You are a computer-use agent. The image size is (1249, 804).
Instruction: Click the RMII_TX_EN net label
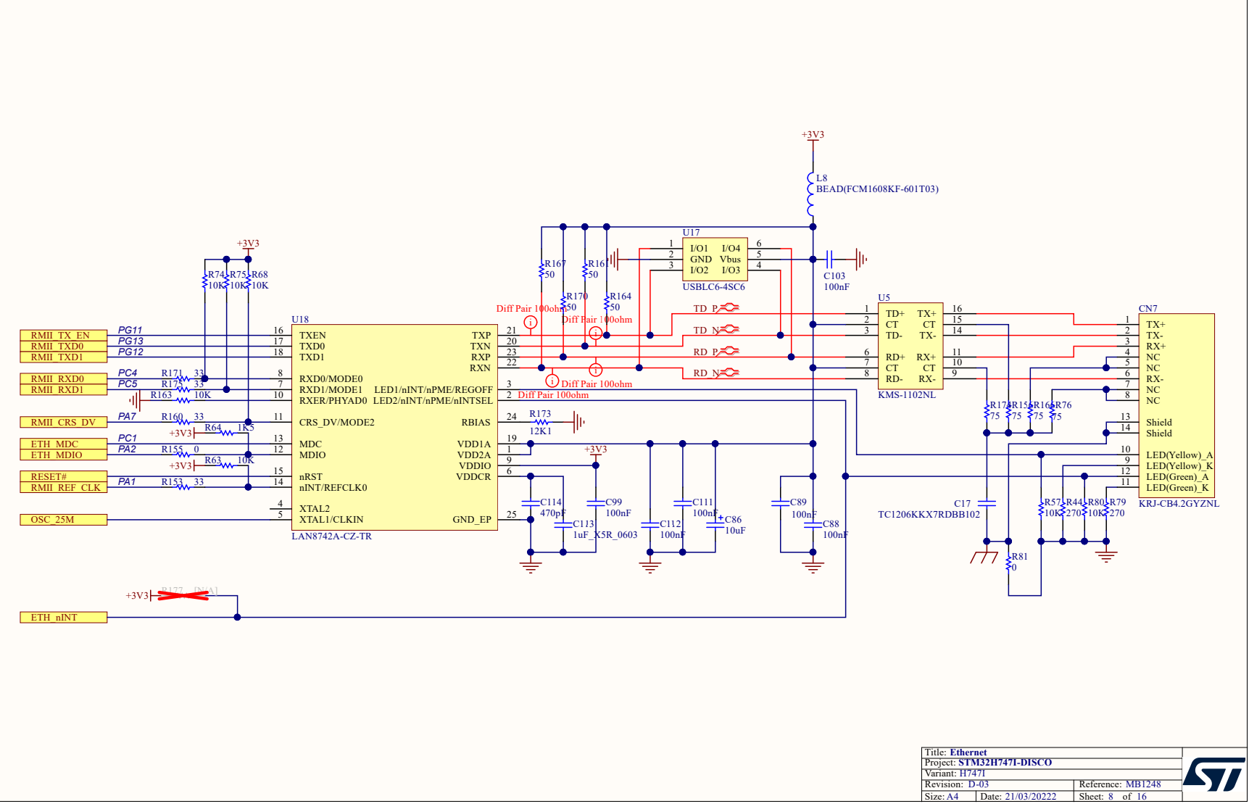(62, 336)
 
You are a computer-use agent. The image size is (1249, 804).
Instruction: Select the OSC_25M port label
(62, 520)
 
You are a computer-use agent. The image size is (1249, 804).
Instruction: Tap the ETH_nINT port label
(62, 618)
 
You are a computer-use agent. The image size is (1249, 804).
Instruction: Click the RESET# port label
(62, 477)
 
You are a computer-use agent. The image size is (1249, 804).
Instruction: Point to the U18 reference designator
(300, 320)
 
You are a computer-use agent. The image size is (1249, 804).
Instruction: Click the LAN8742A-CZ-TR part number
(331, 536)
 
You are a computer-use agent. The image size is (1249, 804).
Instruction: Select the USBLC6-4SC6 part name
(713, 287)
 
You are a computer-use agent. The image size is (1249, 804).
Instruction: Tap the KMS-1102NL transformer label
(906, 395)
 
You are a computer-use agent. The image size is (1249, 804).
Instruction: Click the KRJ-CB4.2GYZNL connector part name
(1179, 504)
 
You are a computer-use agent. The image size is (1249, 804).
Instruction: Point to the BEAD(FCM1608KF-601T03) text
(877, 189)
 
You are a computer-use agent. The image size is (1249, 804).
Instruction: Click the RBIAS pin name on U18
(476, 423)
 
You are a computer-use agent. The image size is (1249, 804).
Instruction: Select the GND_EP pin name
(472, 520)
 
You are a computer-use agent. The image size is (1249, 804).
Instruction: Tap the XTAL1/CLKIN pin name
(331, 520)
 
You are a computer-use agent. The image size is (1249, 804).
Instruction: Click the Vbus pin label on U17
(730, 260)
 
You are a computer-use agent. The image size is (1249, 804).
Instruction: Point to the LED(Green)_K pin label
(1177, 488)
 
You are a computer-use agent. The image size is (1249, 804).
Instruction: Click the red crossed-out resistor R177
(183, 595)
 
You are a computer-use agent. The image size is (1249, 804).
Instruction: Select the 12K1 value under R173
(540, 431)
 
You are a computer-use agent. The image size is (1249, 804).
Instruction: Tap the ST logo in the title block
(1215, 775)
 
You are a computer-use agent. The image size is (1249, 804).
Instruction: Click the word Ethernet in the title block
(968, 753)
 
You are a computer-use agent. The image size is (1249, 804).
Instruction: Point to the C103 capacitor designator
(834, 276)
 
